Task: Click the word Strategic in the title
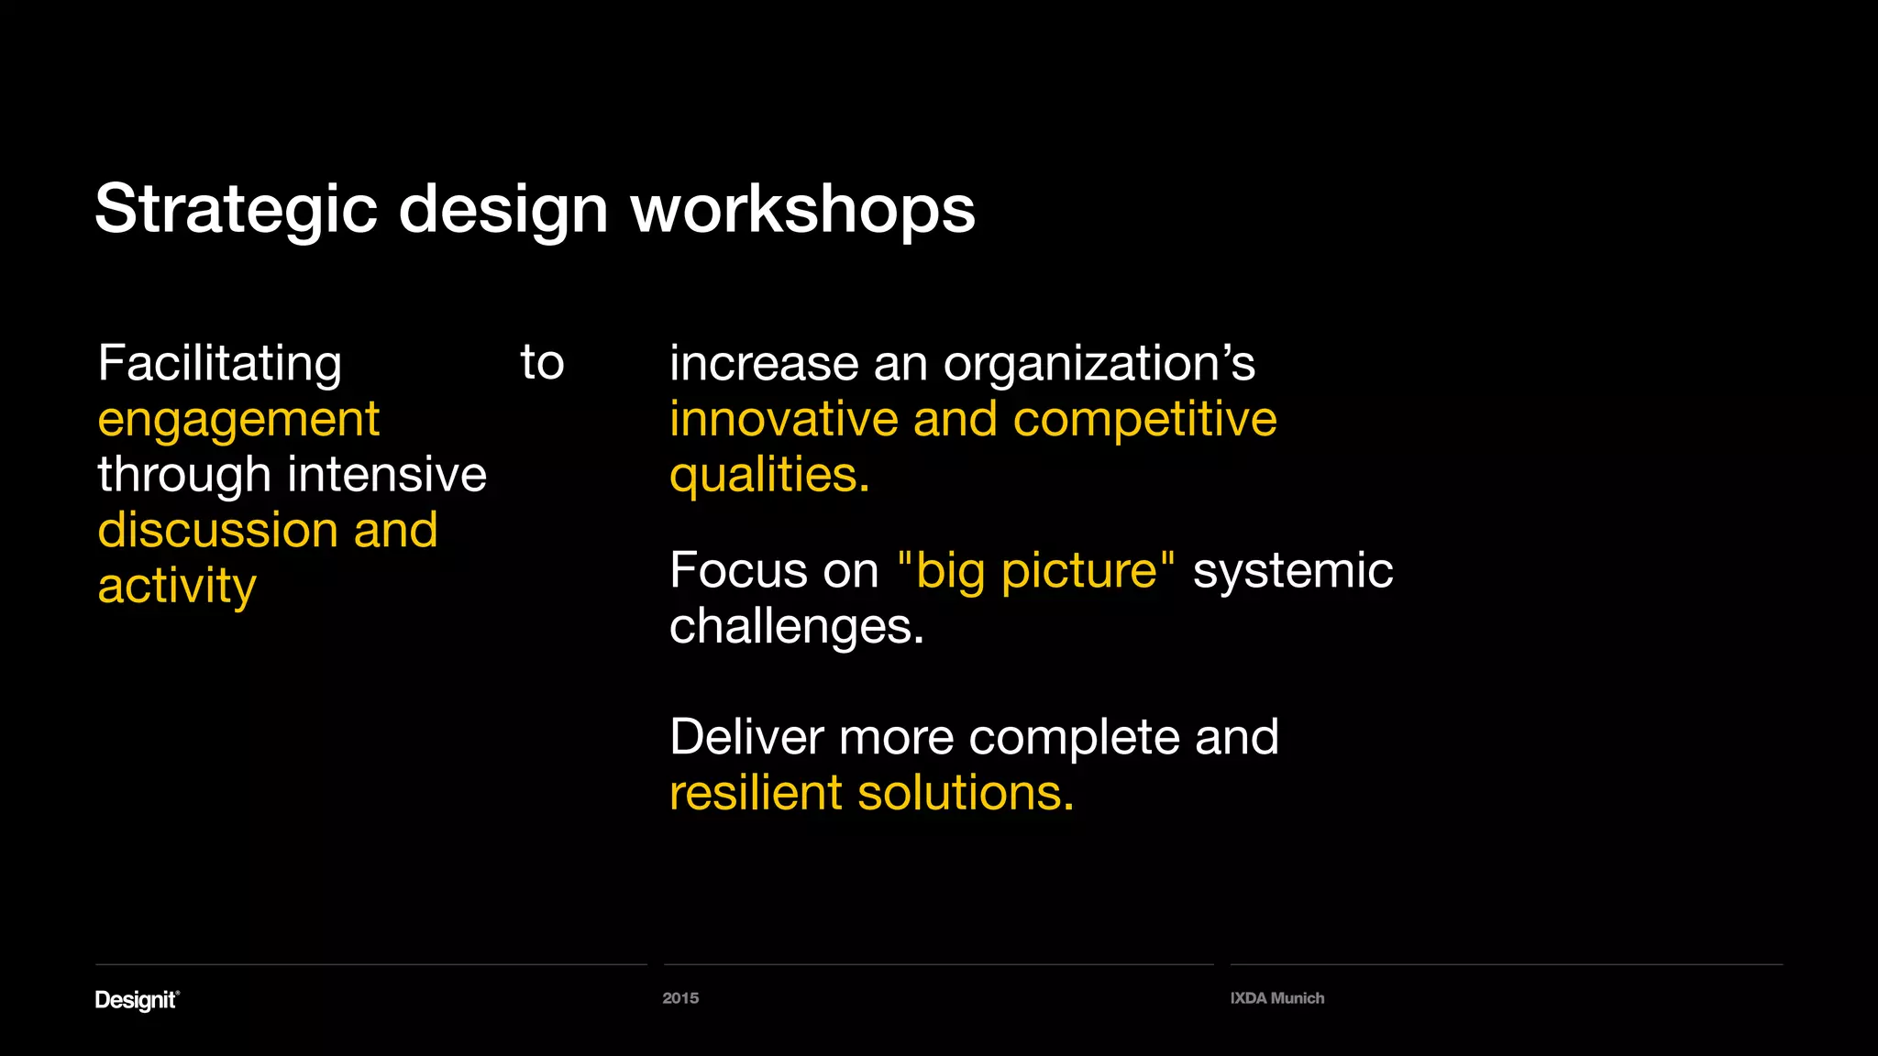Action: click(x=236, y=210)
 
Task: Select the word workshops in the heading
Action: click(x=802, y=210)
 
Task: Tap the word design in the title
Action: click(x=503, y=210)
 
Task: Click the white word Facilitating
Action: click(x=219, y=364)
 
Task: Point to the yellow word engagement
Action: click(x=238, y=420)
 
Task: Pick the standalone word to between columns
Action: click(x=542, y=362)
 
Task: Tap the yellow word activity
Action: click(x=177, y=587)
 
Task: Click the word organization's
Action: click(x=1099, y=364)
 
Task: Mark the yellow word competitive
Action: click(x=1144, y=420)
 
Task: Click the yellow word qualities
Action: click(x=768, y=476)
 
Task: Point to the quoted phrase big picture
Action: click(x=1036, y=570)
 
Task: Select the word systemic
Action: click(x=1292, y=570)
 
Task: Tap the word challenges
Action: click(x=796, y=627)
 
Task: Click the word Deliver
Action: click(x=746, y=737)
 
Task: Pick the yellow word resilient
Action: click(x=756, y=793)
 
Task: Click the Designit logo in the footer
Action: click(x=137, y=999)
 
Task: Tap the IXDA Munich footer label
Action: click(x=1276, y=998)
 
